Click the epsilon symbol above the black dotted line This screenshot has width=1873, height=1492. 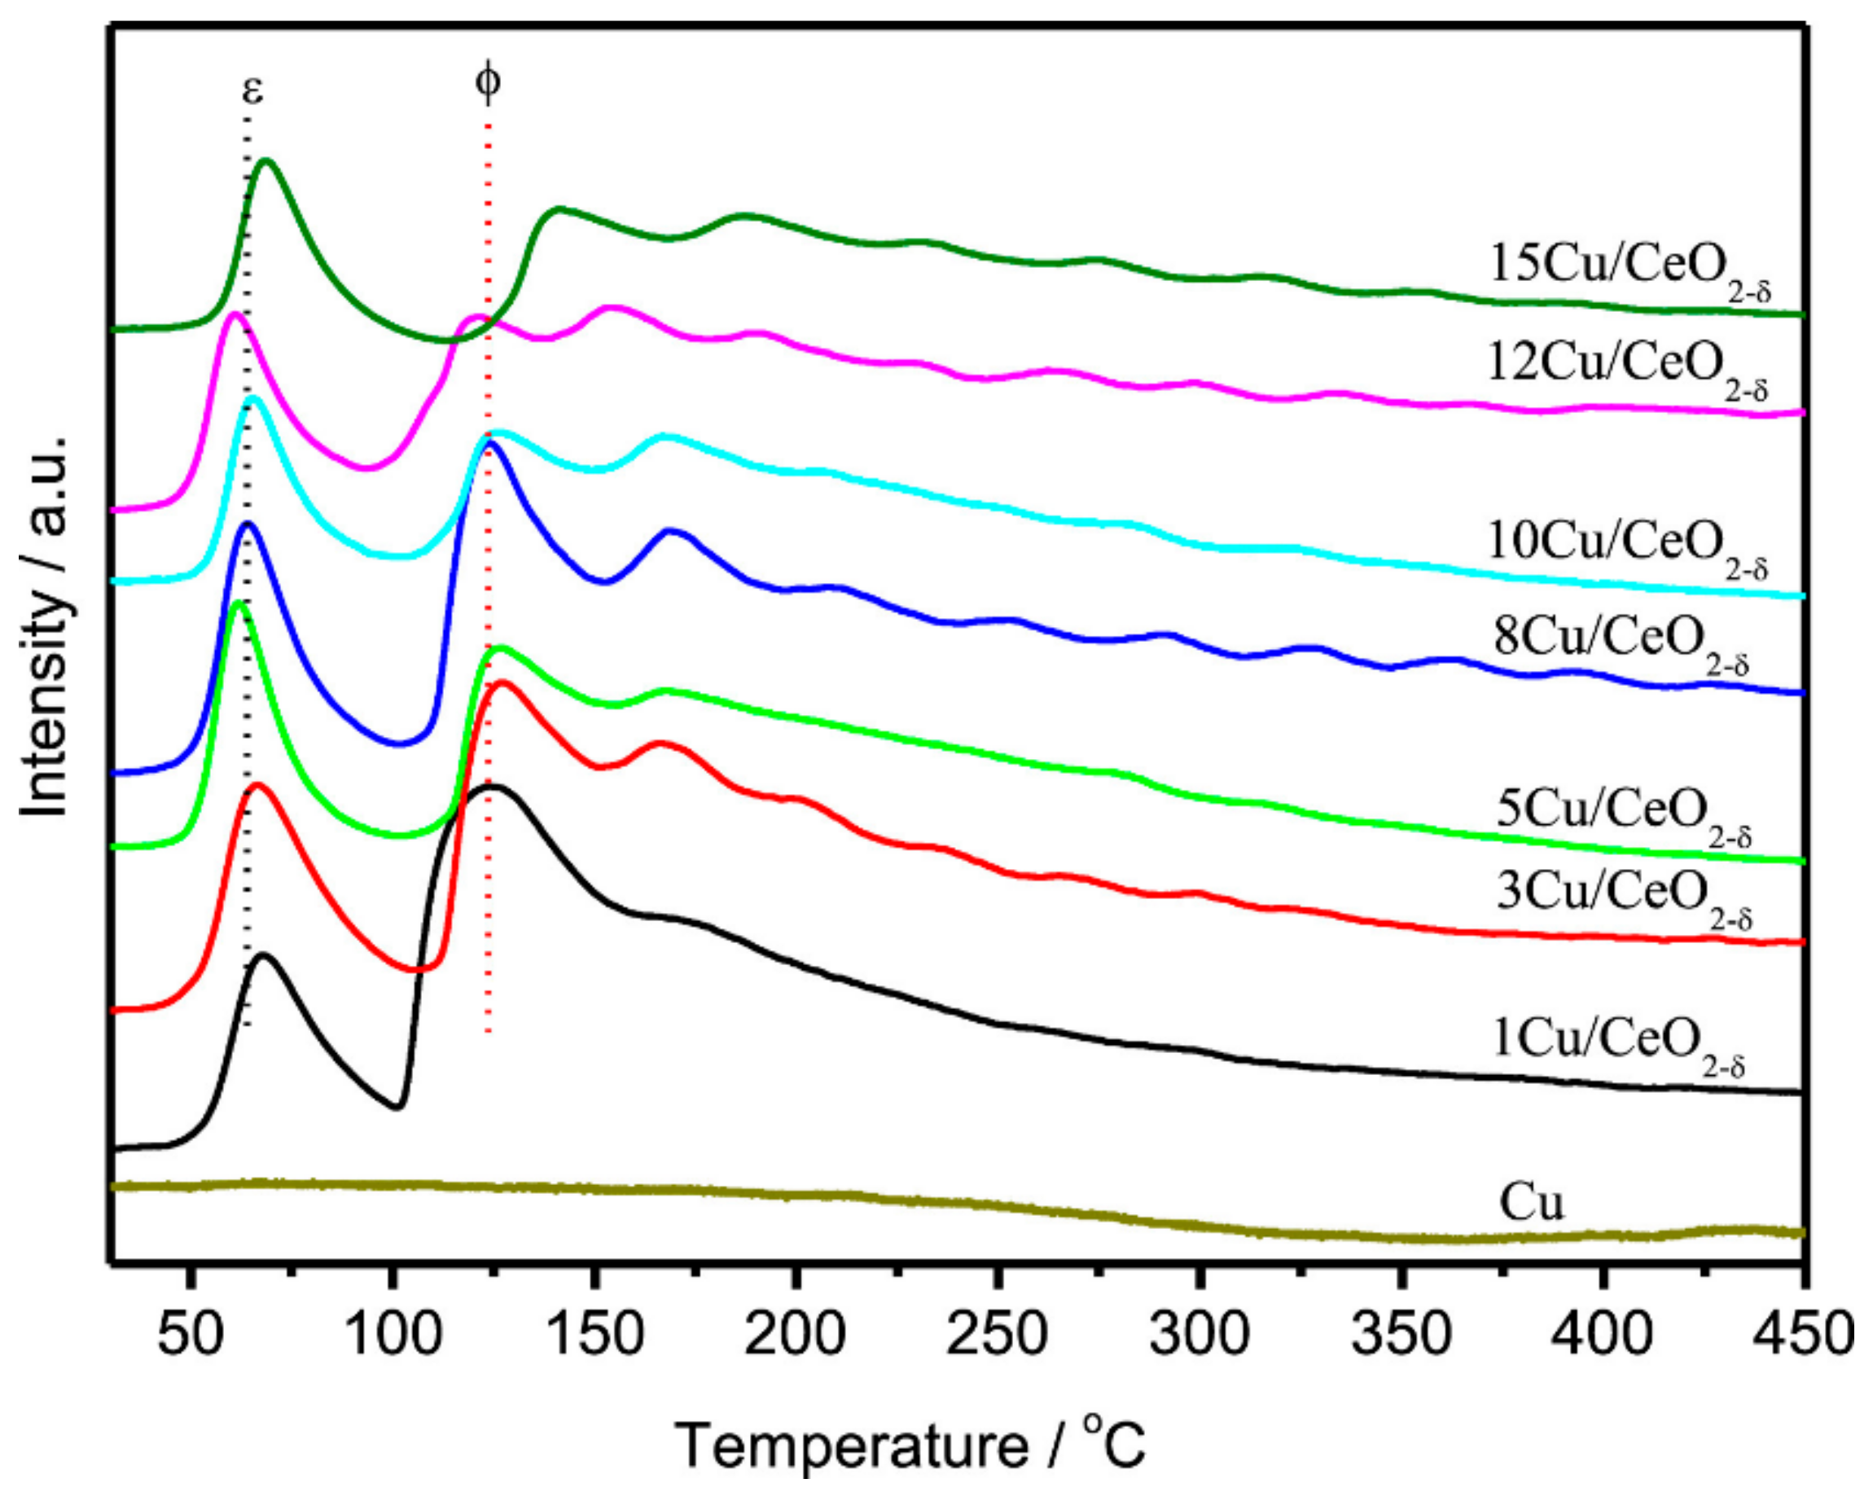click(x=252, y=90)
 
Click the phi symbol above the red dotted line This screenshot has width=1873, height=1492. click(x=489, y=84)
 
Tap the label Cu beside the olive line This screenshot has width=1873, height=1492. click(x=1531, y=1204)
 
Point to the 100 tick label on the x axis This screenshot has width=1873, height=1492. click(x=393, y=1333)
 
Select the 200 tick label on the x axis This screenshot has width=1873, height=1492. click(x=795, y=1333)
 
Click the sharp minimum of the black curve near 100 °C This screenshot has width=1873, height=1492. click(x=397, y=1107)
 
